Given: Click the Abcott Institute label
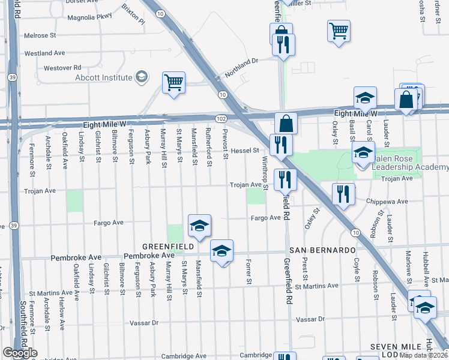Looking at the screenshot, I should (x=103, y=77).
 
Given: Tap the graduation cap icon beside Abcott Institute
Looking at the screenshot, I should (x=142, y=77).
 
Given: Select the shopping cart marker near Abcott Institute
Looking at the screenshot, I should (x=173, y=83).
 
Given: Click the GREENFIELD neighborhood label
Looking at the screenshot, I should (x=167, y=247).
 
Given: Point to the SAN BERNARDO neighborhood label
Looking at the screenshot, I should (x=324, y=250).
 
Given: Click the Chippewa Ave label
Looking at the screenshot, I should (x=390, y=202).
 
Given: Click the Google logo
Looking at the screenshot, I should (x=20, y=353).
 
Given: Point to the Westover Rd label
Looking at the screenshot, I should (x=62, y=68).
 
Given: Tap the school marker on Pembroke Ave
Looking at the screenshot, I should (x=221, y=250).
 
